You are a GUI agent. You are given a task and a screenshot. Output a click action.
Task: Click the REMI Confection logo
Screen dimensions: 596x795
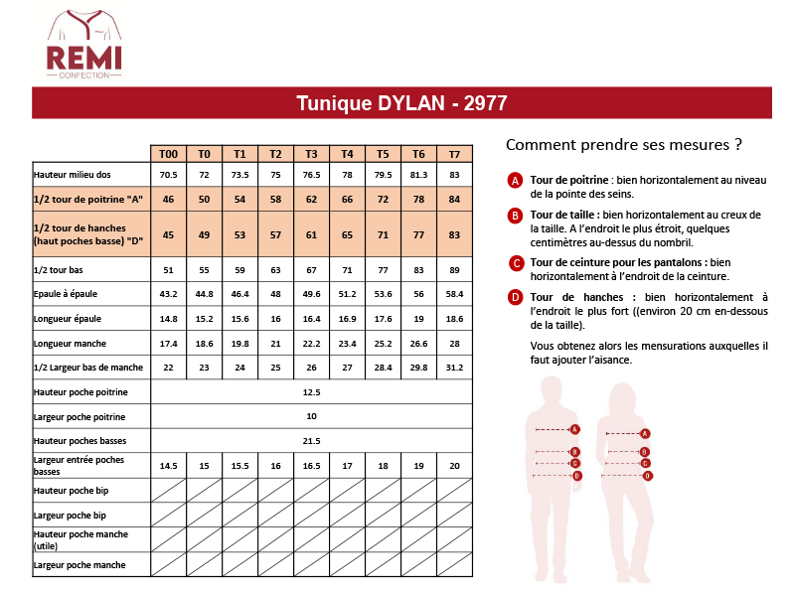83,45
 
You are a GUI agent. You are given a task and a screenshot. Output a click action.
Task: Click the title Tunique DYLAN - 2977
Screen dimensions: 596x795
401,103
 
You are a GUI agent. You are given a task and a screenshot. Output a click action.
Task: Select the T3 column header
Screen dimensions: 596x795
311,154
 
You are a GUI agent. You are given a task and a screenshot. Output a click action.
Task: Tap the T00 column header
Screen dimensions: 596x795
168,154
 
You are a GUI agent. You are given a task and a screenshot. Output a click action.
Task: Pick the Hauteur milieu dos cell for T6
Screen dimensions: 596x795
418,175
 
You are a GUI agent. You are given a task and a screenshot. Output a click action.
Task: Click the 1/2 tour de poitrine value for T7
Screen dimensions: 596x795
454,200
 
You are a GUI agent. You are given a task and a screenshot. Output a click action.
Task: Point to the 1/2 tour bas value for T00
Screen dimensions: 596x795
168,269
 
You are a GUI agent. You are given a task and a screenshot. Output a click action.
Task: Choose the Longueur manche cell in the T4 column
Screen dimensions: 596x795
347,343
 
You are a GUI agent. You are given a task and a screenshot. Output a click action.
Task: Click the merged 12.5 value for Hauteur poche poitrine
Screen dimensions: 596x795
311,392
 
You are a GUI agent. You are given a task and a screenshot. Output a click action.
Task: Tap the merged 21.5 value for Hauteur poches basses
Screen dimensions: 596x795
311,440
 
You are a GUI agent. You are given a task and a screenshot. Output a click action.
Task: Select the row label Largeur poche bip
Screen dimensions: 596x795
70,516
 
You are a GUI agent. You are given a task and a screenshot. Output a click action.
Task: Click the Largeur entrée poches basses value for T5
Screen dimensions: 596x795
383,465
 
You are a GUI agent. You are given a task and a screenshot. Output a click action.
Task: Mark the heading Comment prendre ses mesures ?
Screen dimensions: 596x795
624,144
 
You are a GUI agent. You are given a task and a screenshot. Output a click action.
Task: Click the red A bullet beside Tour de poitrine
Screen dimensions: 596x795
515,181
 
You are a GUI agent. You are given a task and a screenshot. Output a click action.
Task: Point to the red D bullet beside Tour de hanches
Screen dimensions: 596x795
515,297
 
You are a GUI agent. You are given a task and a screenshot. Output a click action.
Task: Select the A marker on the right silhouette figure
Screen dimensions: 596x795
645,433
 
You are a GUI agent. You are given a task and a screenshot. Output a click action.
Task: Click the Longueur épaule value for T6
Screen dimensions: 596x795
418,319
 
